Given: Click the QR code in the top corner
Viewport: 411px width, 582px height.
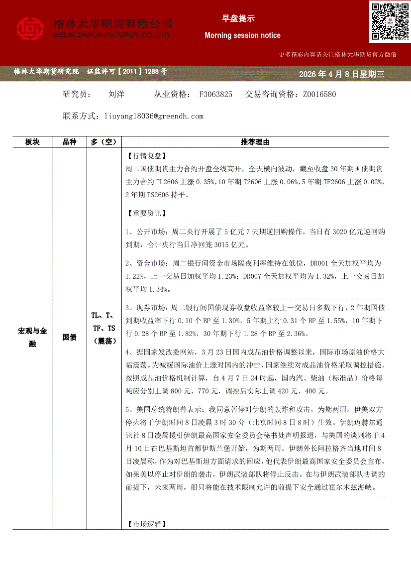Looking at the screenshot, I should [390, 22].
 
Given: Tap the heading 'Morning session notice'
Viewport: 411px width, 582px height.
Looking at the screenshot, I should [242, 35].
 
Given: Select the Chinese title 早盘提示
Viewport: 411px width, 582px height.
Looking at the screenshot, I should [238, 19].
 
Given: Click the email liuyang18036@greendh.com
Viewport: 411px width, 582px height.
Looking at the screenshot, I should [154, 116].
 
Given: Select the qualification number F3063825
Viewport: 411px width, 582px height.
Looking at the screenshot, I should [215, 94].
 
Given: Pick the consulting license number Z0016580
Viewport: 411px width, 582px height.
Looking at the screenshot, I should [319, 94].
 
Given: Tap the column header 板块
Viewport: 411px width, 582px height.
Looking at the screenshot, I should [32, 142].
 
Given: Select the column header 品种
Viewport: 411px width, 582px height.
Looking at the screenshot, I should [69, 142].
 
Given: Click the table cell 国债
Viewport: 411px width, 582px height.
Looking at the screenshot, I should [69, 337].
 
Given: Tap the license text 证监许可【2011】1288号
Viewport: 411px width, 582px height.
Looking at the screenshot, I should [127, 72].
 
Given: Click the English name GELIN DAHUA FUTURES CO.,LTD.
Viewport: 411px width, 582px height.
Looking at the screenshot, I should [112, 35].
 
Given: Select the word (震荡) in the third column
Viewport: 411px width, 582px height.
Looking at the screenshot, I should [104, 341].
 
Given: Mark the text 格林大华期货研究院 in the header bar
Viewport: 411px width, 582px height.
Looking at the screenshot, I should [46, 72].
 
